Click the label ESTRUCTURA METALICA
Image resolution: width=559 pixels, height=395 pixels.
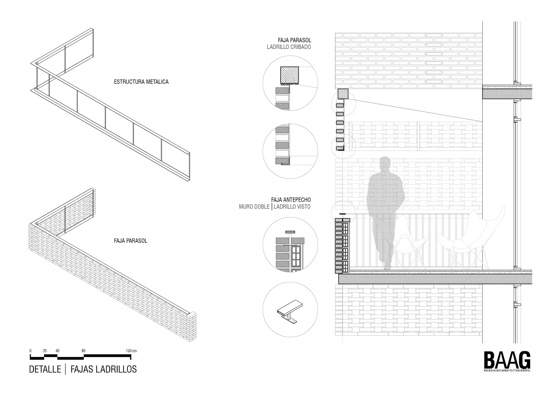pyautogui.click(x=141, y=82)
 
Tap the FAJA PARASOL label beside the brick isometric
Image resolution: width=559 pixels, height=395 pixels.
pyautogui.click(x=131, y=241)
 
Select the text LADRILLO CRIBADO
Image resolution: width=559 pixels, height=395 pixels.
pyautogui.click(x=289, y=47)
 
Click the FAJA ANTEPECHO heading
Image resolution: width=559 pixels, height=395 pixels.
pyautogui.click(x=291, y=200)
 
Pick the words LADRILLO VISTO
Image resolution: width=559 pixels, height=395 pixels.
pyautogui.click(x=292, y=207)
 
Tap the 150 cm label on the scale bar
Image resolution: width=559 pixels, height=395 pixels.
pyautogui.click(x=131, y=351)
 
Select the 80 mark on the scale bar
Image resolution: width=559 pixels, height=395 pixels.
pyautogui.click(x=84, y=351)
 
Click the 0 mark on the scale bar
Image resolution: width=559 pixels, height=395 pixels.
pyautogui.click(x=30, y=351)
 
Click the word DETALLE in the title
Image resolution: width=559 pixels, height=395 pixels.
pyautogui.click(x=45, y=369)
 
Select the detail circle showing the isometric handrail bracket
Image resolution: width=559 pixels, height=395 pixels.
pyautogui.click(x=290, y=309)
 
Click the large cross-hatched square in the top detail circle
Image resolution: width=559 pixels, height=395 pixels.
pyautogui.click(x=289, y=75)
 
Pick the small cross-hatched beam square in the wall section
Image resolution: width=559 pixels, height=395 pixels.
pyautogui.click(x=343, y=94)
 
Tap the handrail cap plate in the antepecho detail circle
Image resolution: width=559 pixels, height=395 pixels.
pyautogui.click(x=290, y=232)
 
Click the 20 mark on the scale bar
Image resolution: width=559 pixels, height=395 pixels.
pyautogui.click(x=45, y=351)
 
